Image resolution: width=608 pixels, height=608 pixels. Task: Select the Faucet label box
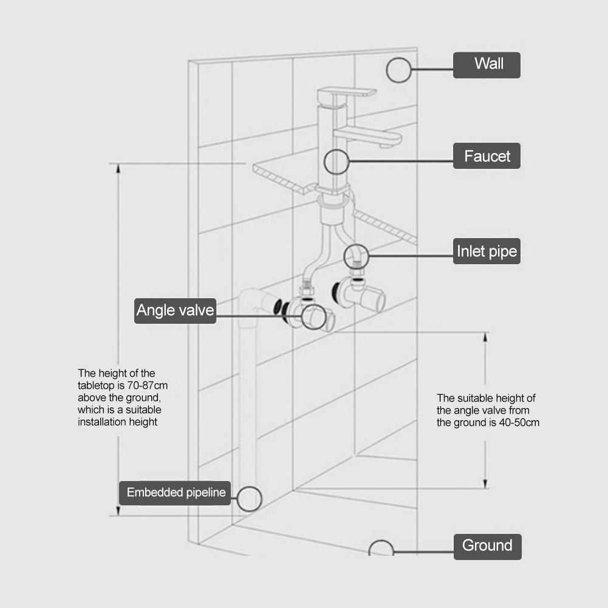tap(487, 157)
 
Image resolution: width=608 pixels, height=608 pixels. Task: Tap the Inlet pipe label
tap(487, 251)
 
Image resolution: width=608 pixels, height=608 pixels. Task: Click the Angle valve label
tap(175, 311)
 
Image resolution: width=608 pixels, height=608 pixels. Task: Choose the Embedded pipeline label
tap(176, 492)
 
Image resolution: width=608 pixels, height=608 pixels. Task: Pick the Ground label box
tap(487, 545)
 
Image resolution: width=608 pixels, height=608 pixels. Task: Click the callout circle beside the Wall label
tap(398, 70)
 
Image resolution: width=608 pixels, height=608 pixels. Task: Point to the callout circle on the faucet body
tap(336, 162)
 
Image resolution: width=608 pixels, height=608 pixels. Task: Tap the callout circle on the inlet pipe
tap(356, 256)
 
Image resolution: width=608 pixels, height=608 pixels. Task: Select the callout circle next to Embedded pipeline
tap(249, 498)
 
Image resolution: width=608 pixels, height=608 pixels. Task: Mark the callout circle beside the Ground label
tap(381, 548)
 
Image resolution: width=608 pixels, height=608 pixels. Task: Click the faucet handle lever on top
tap(346, 93)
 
